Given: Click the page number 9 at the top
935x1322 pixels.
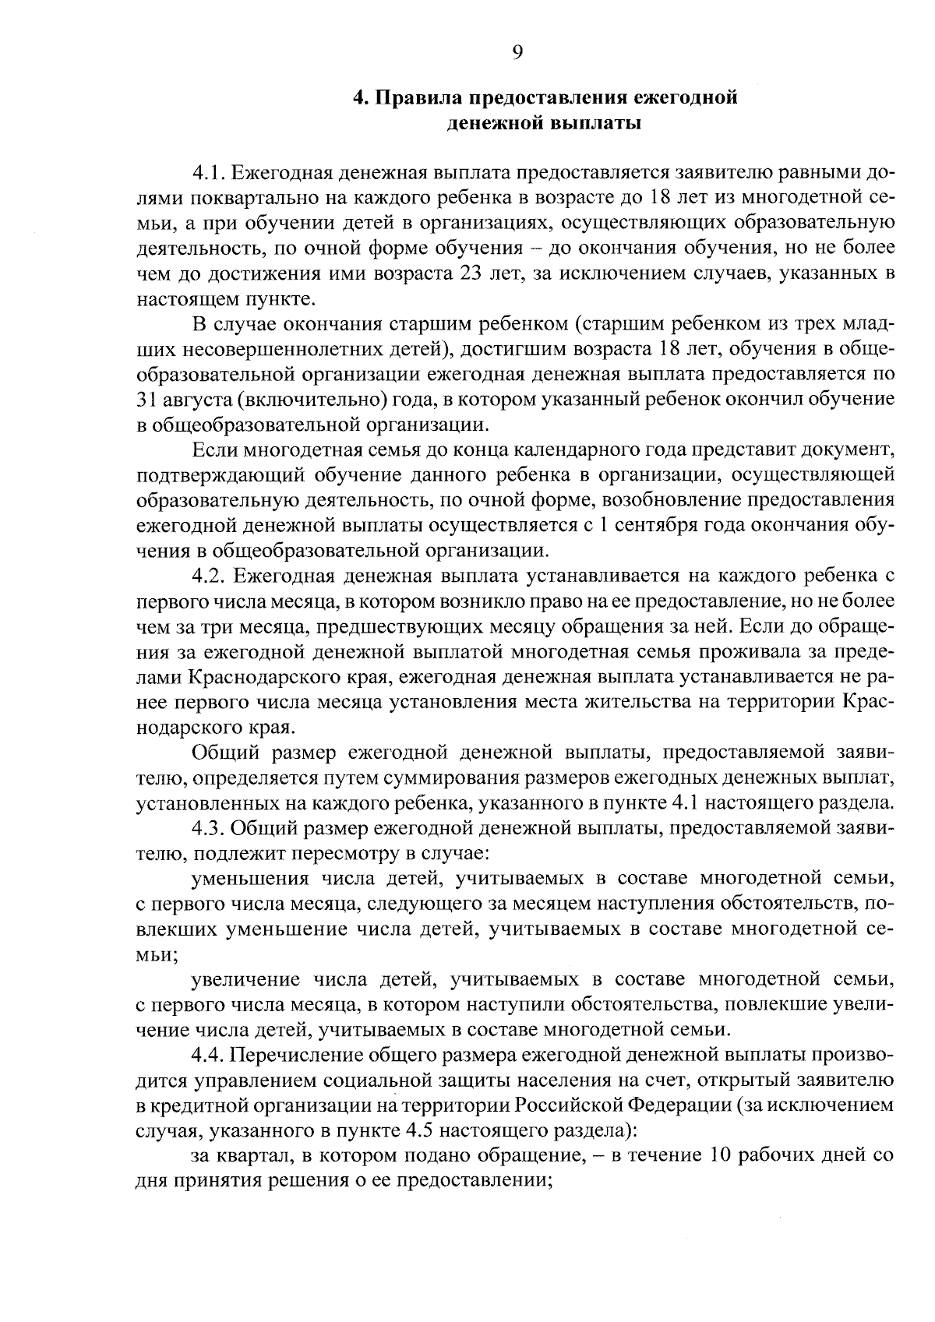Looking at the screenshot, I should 517,52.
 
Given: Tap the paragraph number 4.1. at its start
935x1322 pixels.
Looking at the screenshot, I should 209,173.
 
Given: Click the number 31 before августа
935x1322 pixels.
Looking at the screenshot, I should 146,400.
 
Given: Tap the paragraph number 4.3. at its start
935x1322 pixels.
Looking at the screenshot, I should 209,828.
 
